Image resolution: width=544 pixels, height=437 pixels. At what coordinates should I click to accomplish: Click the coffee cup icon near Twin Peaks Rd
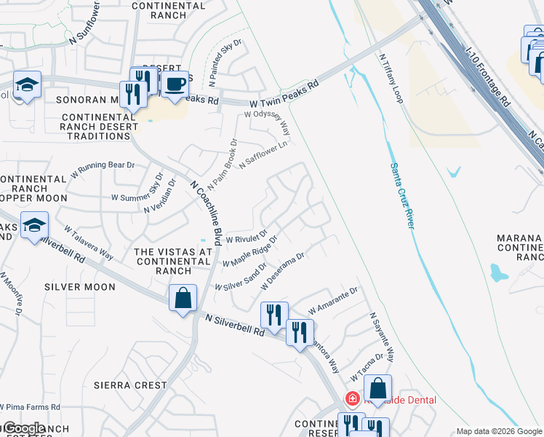click(x=174, y=84)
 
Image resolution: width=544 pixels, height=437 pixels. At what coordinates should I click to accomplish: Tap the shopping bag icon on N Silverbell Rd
click(x=182, y=297)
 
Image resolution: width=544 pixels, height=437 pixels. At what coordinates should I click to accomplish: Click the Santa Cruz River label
click(x=401, y=194)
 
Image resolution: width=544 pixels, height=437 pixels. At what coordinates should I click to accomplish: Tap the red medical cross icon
click(x=352, y=399)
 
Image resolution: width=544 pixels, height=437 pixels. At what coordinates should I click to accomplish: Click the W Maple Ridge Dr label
click(x=250, y=251)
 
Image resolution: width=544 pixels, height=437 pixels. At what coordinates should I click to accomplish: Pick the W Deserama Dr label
click(x=282, y=270)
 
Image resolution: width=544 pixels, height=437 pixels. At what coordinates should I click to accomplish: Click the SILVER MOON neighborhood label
click(x=80, y=287)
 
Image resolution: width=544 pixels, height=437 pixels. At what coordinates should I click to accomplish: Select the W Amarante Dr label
click(x=334, y=297)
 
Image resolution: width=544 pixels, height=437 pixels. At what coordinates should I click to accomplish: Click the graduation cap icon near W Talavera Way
click(x=34, y=226)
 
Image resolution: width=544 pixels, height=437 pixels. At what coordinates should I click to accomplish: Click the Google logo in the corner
click(x=23, y=428)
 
